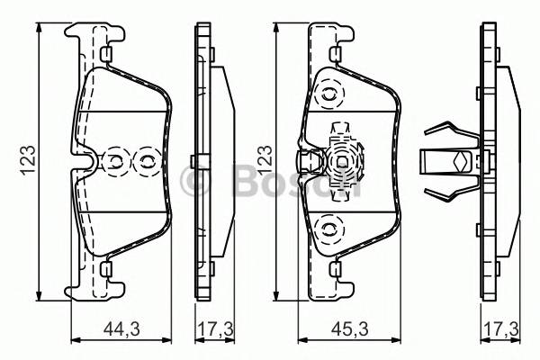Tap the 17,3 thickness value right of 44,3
213,329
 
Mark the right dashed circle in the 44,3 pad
144,163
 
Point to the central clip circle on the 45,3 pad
343,162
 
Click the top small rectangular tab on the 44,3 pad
106,57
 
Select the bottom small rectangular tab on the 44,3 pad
106,268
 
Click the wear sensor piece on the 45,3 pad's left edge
309,162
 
